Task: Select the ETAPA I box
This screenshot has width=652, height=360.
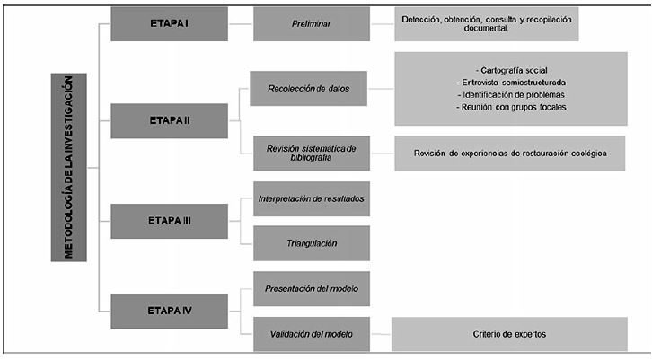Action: coord(156,24)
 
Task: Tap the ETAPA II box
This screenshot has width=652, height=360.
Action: coord(156,120)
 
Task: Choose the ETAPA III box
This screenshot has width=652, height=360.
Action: coord(156,219)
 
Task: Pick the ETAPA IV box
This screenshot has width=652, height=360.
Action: coord(156,311)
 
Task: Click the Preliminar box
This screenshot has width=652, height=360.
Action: coord(311,24)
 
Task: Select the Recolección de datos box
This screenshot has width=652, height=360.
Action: coord(311,88)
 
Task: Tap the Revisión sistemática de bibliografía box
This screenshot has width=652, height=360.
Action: coord(311,153)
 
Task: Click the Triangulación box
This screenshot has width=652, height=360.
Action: coord(311,242)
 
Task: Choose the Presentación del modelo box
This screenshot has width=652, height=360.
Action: coord(311,288)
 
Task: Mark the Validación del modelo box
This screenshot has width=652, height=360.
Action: coord(311,334)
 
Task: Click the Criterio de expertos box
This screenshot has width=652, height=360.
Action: coord(509,334)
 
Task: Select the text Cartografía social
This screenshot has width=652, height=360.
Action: coord(509,70)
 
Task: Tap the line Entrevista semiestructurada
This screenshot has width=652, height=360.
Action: coord(509,83)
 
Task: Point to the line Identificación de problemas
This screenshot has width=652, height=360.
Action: coord(509,95)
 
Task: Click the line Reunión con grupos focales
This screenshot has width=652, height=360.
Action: coord(509,108)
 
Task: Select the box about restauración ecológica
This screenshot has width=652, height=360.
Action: coord(509,153)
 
